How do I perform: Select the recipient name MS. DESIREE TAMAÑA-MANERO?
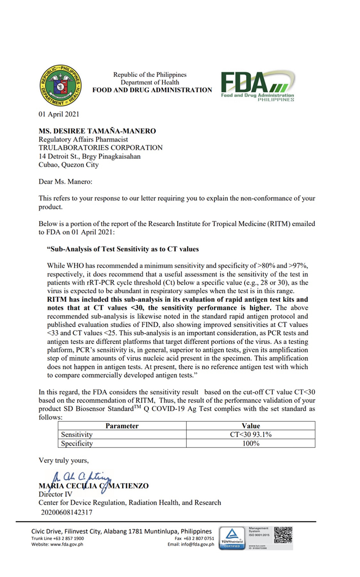97,131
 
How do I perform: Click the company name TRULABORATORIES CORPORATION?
100,148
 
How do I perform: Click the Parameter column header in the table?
122,426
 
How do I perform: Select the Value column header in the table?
251,426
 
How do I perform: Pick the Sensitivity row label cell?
77,434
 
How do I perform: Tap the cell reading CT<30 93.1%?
251,434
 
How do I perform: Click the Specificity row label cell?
77,443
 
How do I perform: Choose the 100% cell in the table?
251,443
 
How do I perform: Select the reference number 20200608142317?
67,511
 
